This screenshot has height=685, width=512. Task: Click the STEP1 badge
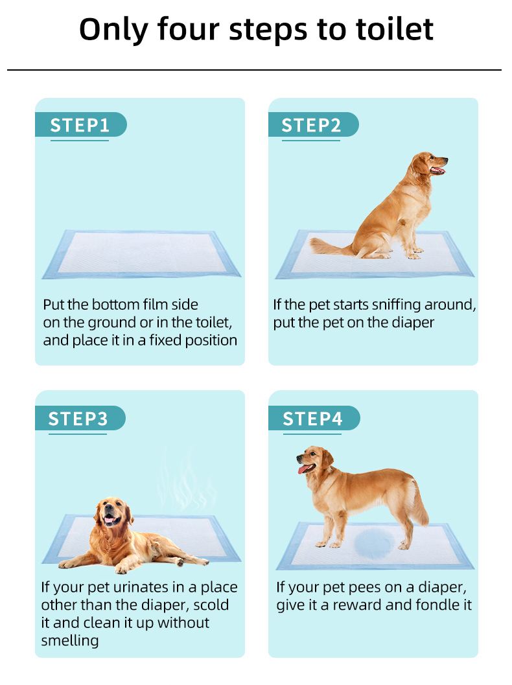click(81, 125)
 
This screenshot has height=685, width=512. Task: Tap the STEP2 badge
click(313, 125)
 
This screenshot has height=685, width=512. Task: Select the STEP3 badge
click(80, 419)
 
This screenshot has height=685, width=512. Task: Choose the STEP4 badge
click(314, 419)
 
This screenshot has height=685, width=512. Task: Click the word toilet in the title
click(395, 29)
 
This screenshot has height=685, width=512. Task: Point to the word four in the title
click(189, 29)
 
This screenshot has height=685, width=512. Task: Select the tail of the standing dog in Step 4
click(419, 502)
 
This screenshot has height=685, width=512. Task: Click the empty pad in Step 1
click(141, 254)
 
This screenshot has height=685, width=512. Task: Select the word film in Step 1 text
click(155, 304)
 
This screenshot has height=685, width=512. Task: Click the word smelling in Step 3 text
click(70, 641)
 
